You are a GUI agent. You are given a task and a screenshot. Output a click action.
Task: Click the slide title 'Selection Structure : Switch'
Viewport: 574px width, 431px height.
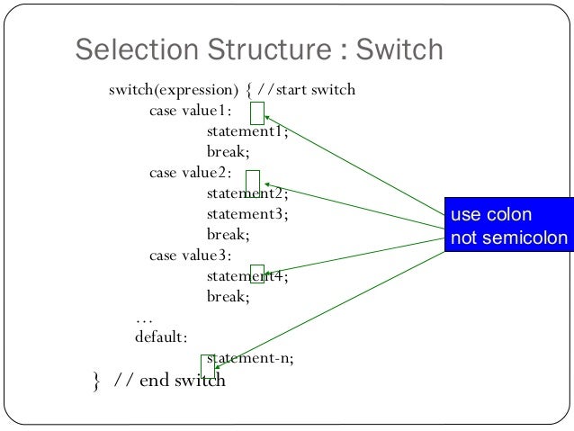pyautogui.click(x=259, y=50)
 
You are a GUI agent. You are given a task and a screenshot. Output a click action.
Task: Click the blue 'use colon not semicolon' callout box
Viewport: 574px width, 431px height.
pyautogui.click(x=508, y=227)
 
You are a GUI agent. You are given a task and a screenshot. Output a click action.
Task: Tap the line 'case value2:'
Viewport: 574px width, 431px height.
pyautogui.click(x=190, y=173)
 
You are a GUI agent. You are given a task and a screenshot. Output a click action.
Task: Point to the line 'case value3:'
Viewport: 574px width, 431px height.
pyautogui.click(x=190, y=256)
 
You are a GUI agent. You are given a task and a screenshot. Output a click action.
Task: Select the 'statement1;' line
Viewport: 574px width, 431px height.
pyautogui.click(x=247, y=131)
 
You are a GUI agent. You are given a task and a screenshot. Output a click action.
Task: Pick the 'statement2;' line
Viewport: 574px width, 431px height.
pyautogui.click(x=247, y=193)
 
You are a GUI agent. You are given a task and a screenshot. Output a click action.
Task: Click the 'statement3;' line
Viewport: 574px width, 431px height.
pyautogui.click(x=247, y=214)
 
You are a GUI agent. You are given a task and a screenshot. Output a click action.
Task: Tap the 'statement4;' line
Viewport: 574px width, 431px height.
pyautogui.click(x=247, y=276)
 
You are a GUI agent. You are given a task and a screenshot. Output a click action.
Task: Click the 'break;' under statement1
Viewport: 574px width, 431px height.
pyautogui.click(x=228, y=152)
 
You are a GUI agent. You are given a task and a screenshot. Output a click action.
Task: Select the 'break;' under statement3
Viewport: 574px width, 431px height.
pyautogui.click(x=228, y=235)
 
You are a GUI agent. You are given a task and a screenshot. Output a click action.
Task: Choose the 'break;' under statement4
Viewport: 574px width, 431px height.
pyautogui.click(x=228, y=296)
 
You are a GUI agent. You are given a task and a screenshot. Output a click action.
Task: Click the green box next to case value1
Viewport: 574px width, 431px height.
pyautogui.click(x=258, y=113)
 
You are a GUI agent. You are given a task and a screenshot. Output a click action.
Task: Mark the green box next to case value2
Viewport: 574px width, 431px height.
pyautogui.click(x=252, y=181)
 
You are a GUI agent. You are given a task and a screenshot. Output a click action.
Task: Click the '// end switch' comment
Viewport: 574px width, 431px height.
pyautogui.click(x=169, y=381)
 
